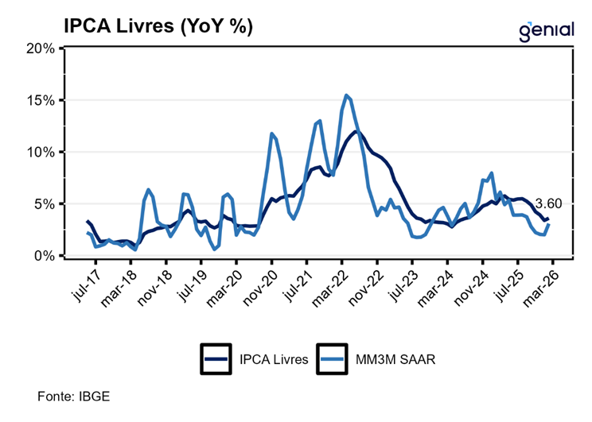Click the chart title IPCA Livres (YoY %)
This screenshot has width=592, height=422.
(158, 26)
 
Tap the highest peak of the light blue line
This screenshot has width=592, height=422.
(347, 95)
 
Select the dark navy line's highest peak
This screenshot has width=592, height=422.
(356, 132)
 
